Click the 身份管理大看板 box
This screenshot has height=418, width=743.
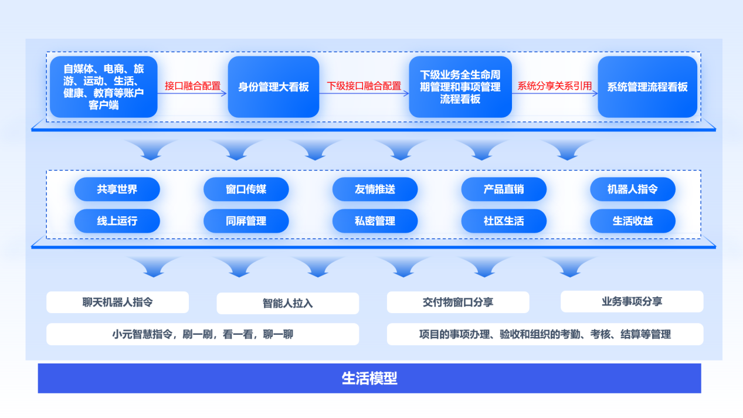click(273, 87)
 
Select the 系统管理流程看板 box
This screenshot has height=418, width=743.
click(647, 87)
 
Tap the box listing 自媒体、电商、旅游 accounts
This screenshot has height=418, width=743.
click(104, 87)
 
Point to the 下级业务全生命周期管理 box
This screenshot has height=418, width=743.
click(460, 87)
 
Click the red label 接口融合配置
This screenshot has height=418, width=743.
click(192, 86)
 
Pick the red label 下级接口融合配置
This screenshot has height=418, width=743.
click(364, 86)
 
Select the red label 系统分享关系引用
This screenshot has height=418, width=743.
click(554, 86)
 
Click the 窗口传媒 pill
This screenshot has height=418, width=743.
click(246, 189)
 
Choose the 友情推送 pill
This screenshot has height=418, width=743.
click(375, 189)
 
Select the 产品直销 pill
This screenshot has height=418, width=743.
click(504, 189)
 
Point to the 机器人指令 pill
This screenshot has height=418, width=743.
click(632, 189)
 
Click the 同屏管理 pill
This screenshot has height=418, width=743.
click(246, 221)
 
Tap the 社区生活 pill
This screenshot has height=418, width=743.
click(504, 221)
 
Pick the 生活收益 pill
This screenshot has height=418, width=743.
click(632, 221)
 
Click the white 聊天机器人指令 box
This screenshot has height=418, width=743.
click(117, 303)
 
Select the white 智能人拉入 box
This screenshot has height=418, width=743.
click(287, 303)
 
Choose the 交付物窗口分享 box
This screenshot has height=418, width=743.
click(458, 303)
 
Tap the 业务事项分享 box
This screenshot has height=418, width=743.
click(632, 301)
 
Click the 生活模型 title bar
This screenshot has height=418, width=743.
click(369, 378)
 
